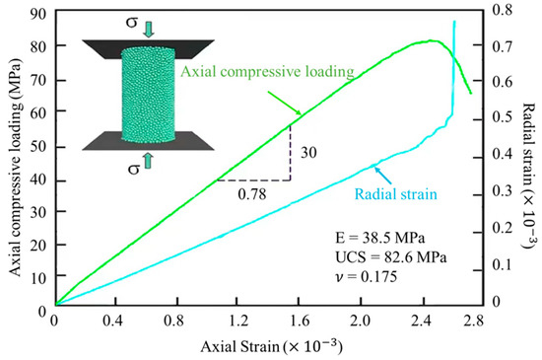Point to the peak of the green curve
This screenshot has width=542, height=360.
(x=432, y=40)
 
